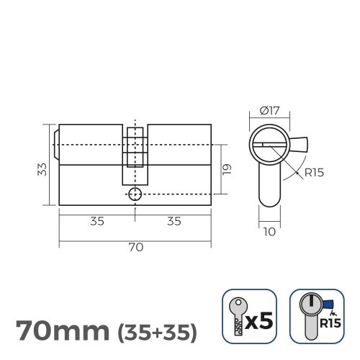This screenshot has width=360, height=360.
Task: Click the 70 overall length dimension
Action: pyautogui.click(x=135, y=247)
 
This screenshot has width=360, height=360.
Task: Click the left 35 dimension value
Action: pyautogui.click(x=96, y=221)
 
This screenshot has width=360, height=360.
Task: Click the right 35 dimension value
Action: pyautogui.click(x=174, y=221)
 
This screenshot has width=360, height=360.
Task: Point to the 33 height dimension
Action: pyautogui.click(x=43, y=168)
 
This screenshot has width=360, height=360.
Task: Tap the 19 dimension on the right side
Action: pyautogui.click(x=226, y=168)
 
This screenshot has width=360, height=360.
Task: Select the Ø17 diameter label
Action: pyautogui.click(x=270, y=112)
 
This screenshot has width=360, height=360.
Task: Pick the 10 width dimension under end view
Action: pyautogui.click(x=269, y=231)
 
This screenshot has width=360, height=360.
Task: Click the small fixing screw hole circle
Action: pyautogui.click(x=135, y=194)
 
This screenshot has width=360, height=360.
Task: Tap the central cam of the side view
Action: pyautogui.click(x=135, y=155)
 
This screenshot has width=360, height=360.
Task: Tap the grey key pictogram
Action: pyautogui.click(x=235, y=318)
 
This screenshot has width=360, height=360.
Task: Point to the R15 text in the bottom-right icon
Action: pyautogui.click(x=330, y=323)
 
